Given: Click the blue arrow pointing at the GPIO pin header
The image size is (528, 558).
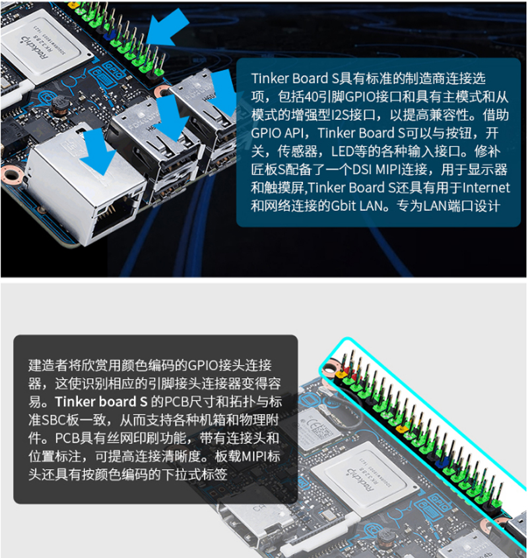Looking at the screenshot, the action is (167, 28).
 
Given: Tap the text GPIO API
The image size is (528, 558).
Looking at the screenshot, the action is (277, 133).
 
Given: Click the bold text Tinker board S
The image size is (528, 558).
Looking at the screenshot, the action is (101, 402).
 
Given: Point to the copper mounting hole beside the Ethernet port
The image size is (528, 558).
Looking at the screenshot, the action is (11, 175).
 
